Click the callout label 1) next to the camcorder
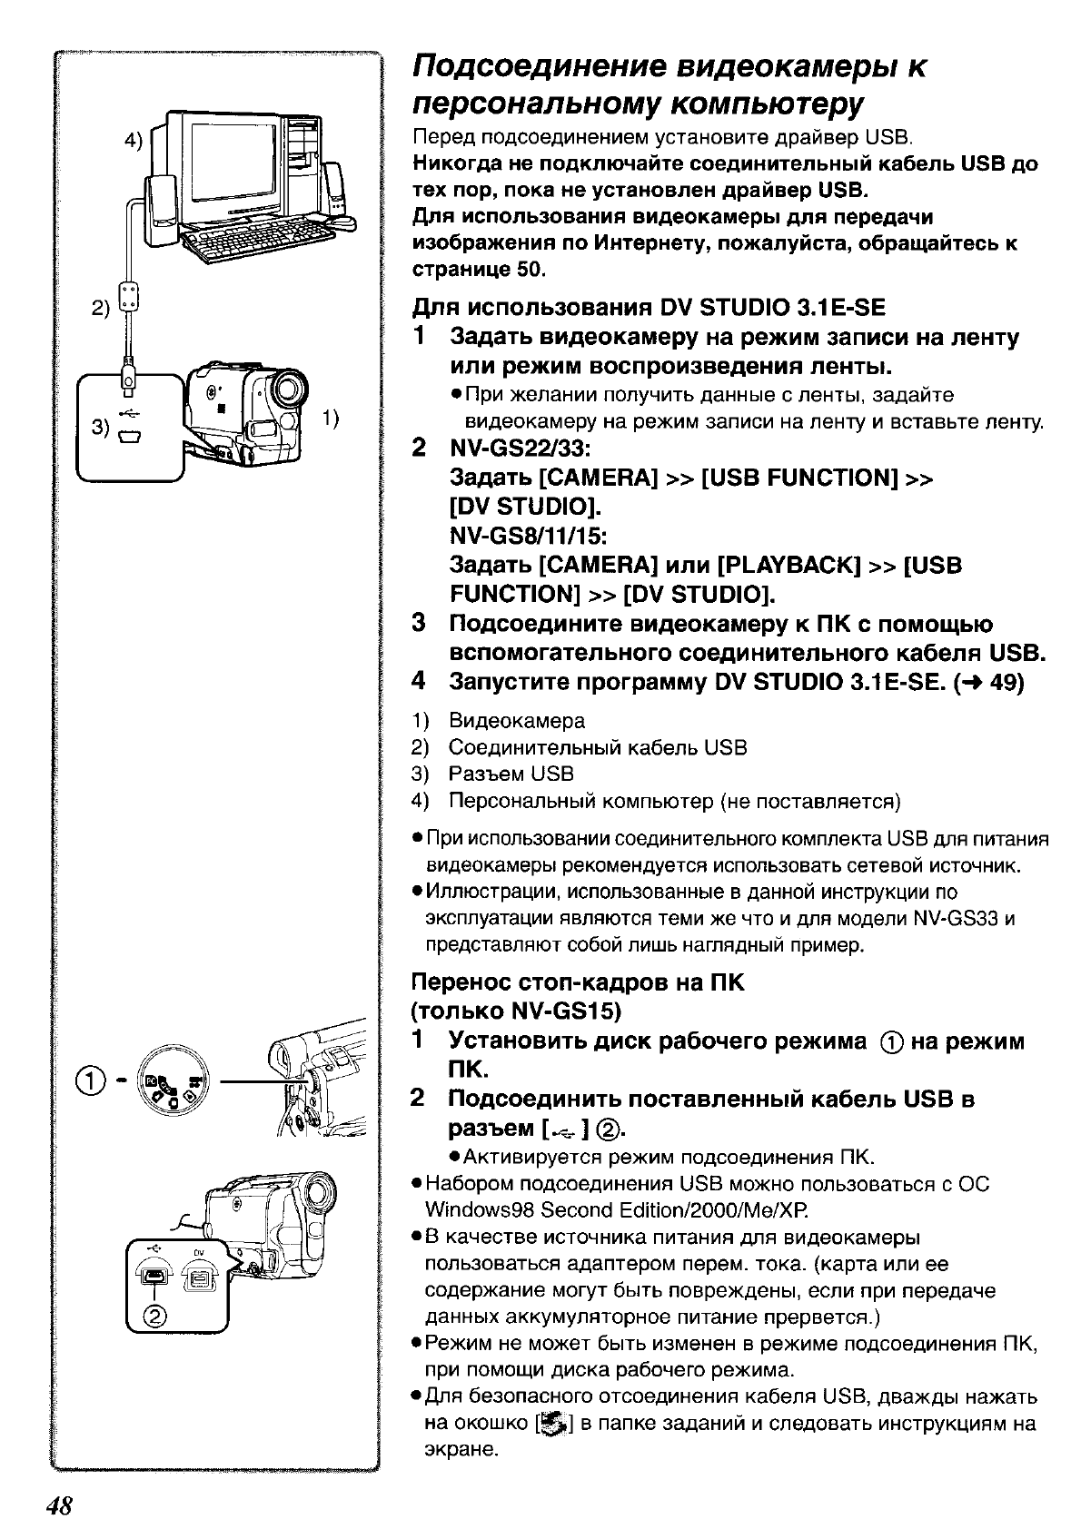tap(331, 417)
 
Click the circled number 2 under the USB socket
tap(154, 1317)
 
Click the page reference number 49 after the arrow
tap(1007, 682)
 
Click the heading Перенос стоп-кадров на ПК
tap(578, 982)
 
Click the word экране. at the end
tap(461, 1449)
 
